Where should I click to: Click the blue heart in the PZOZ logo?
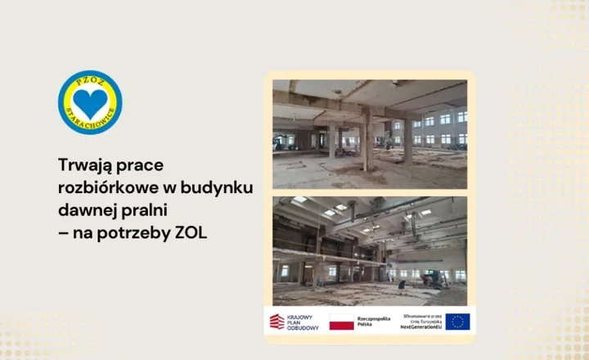pos(90,101)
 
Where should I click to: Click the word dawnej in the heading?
pos(88,210)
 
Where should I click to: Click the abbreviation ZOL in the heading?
pos(191,233)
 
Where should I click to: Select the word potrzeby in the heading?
pos(137,233)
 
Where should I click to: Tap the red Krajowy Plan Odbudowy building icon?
pos(277,322)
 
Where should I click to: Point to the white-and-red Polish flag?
pos(341,322)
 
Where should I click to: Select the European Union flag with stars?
pos(457,322)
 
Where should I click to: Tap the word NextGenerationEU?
pos(420,327)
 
